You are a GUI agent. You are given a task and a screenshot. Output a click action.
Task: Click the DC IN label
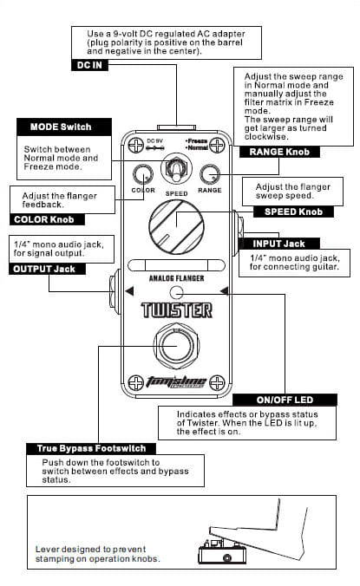coord(89,65)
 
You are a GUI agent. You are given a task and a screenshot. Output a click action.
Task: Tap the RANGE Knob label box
coord(279,152)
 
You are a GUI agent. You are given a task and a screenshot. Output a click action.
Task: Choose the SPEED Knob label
coord(293,212)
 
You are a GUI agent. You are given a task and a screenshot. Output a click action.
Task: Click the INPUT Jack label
coord(278,244)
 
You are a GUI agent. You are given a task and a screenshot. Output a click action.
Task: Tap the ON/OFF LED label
coord(285,400)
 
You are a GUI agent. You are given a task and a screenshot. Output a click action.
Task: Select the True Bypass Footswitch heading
coord(91,448)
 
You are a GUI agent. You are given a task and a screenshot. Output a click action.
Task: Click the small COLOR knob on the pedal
coord(143,174)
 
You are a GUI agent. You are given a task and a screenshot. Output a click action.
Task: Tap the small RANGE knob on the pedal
coord(210,174)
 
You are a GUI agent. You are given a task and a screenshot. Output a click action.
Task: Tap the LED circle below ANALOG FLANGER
coord(176,293)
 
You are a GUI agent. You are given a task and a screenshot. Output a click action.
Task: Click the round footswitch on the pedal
coord(176,346)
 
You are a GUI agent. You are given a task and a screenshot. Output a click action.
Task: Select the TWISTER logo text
coord(176,310)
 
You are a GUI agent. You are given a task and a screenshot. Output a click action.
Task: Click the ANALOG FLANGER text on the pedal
coord(176,278)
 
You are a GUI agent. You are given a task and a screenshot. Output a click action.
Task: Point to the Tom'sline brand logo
coord(176,382)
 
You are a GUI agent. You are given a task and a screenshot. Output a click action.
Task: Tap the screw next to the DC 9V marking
coord(135,145)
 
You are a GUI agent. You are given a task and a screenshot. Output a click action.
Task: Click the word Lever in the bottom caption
coord(47,550)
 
